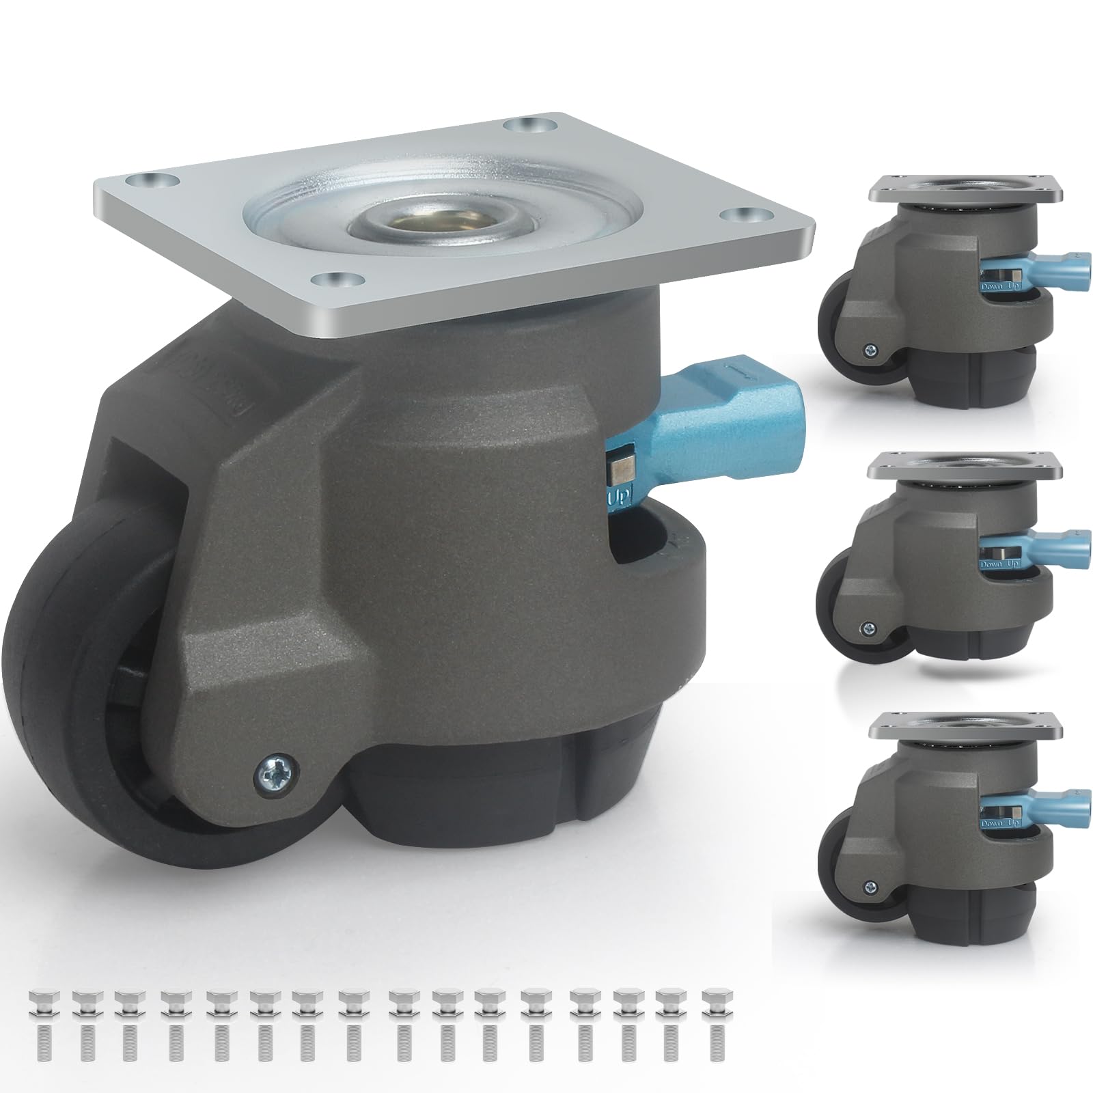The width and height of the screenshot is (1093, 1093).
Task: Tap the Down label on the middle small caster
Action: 993,566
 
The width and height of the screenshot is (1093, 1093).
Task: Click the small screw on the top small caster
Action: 869,350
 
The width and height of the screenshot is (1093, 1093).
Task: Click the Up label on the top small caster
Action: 1016,287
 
